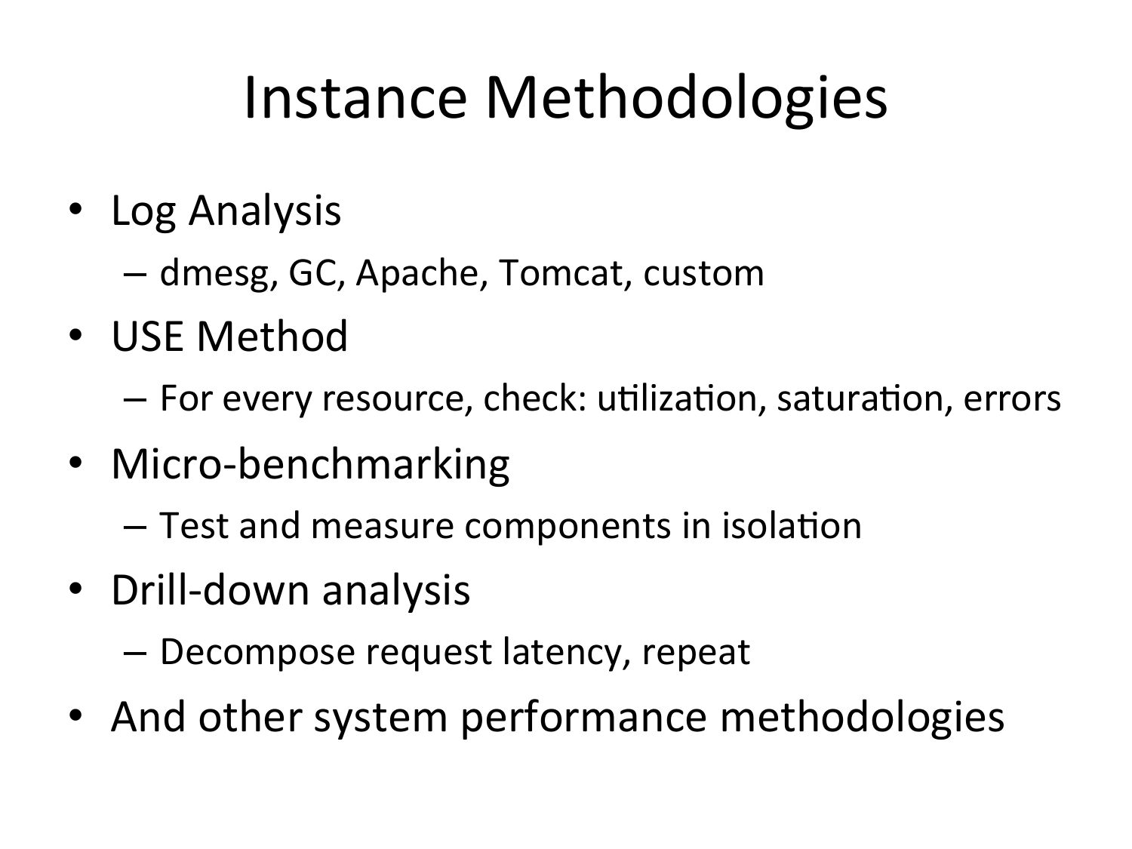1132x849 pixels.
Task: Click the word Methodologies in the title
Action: point(687,100)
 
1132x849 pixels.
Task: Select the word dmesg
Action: point(215,273)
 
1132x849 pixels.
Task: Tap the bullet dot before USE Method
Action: point(75,336)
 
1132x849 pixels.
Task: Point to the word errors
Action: point(1012,399)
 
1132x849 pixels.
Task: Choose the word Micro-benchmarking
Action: point(310,465)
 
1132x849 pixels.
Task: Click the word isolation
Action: point(792,525)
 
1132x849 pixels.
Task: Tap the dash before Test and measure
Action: point(135,527)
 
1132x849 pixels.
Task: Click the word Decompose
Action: point(258,653)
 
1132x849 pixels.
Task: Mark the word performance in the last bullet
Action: point(583,718)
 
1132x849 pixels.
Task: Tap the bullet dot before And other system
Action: point(75,715)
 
